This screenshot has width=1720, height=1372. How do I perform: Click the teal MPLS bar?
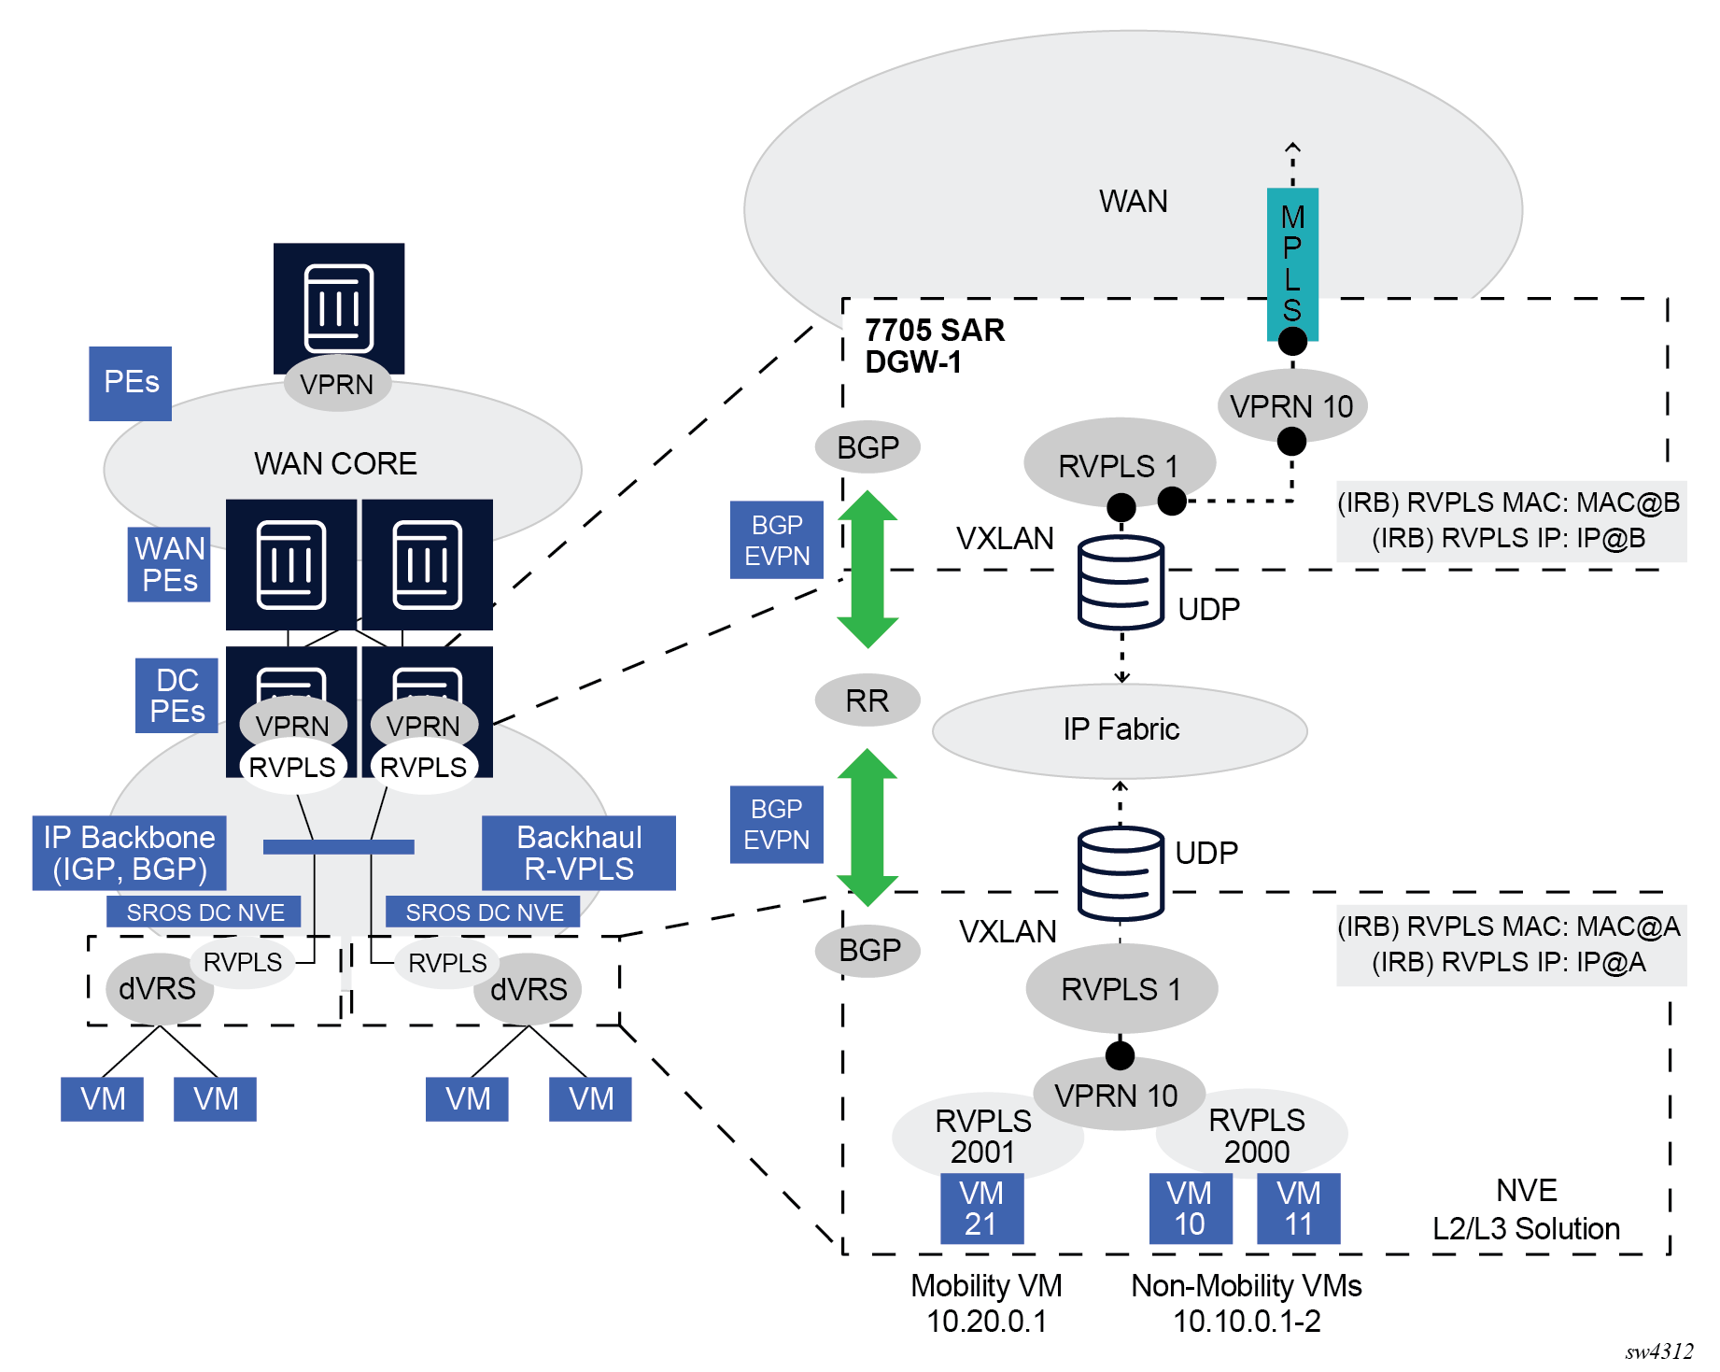(x=1292, y=263)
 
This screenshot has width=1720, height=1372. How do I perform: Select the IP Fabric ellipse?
(x=1120, y=730)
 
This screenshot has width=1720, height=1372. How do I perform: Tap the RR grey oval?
(x=867, y=700)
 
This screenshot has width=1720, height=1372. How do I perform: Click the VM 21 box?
(x=981, y=1209)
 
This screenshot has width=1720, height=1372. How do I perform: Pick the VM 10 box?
(x=1190, y=1209)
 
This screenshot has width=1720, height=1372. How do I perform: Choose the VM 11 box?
(x=1298, y=1209)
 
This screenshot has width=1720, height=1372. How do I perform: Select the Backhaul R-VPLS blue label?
(x=579, y=853)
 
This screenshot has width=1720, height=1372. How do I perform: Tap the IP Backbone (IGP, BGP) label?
(x=129, y=853)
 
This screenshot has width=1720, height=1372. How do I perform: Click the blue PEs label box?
(x=131, y=383)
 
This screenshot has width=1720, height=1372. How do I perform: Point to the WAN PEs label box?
(x=169, y=564)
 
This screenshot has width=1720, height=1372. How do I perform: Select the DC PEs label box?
(x=176, y=696)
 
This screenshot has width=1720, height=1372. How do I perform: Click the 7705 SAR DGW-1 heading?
(x=934, y=346)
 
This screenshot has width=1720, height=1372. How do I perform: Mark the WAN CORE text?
(x=335, y=464)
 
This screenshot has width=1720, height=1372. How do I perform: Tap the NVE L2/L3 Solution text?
(x=1526, y=1209)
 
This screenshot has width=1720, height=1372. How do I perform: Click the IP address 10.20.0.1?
(x=986, y=1322)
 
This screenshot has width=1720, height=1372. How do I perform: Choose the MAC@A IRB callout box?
(x=1510, y=945)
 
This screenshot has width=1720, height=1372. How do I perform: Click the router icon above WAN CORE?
(x=338, y=307)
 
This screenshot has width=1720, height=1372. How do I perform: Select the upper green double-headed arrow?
(x=867, y=570)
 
